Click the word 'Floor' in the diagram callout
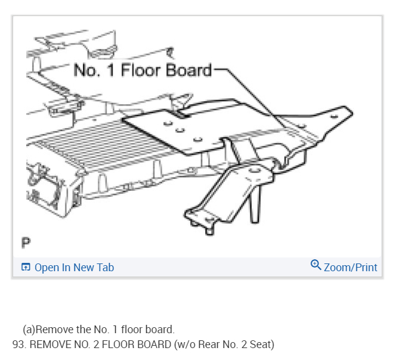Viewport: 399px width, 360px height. tap(140, 70)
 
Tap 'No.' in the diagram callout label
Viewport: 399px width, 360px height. tap(86, 70)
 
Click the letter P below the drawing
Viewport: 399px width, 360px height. tap(26, 243)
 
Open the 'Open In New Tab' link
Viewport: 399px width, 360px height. tap(74, 268)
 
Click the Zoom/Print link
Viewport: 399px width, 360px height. tap(350, 268)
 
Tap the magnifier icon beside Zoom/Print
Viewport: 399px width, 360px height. tap(316, 266)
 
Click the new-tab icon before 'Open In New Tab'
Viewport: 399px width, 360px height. tap(26, 268)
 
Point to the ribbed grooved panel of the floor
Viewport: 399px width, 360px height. tap(78, 149)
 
